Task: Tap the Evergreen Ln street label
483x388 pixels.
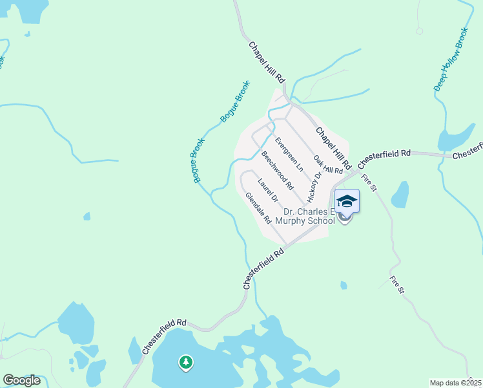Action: pyautogui.click(x=288, y=154)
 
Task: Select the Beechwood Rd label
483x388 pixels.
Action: pyautogui.click(x=278, y=170)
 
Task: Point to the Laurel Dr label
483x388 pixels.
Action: pyautogui.click(x=267, y=189)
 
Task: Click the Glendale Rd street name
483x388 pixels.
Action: pyautogui.click(x=258, y=208)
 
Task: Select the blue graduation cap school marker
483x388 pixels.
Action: pyautogui.click(x=347, y=201)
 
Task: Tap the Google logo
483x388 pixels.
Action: pyautogui.click(x=21, y=380)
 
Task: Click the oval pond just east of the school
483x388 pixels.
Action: pyautogui.click(x=400, y=195)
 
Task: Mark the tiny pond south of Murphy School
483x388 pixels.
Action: pyautogui.click(x=344, y=285)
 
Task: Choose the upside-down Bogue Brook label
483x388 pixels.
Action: pyautogui.click(x=198, y=161)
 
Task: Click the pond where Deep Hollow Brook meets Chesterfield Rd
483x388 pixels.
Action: pyautogui.click(x=454, y=138)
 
